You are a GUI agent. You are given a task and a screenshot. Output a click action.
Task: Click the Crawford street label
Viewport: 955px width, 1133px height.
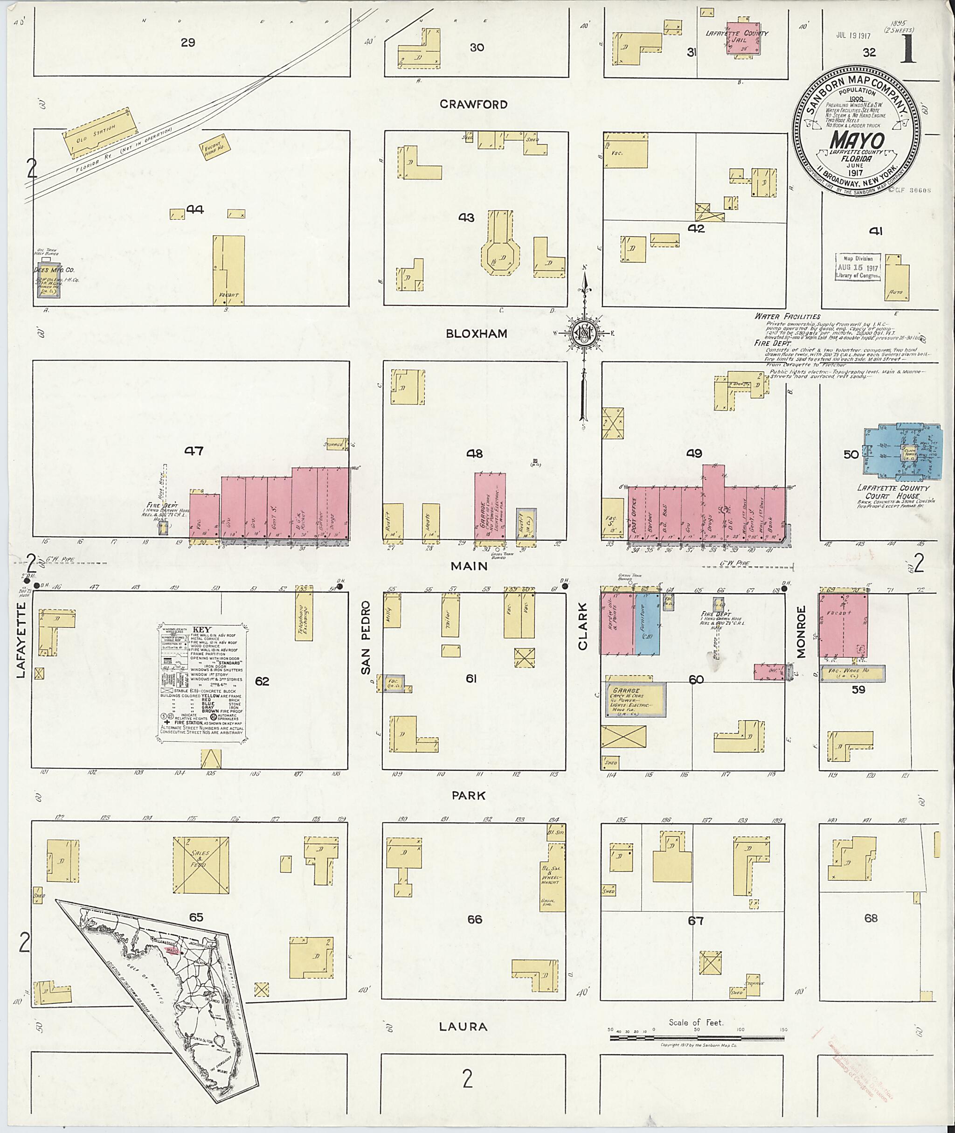tap(473, 104)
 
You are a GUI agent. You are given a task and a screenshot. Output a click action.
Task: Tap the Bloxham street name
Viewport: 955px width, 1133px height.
tap(477, 334)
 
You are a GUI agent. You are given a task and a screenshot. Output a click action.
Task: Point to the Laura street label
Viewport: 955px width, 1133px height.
tap(463, 1026)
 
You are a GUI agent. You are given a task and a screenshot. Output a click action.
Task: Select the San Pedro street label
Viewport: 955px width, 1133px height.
tap(366, 638)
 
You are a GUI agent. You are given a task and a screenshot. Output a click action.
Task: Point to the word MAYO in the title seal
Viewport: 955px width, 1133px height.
tap(857, 140)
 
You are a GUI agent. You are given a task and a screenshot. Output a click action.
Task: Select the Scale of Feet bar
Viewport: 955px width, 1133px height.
tap(697, 1038)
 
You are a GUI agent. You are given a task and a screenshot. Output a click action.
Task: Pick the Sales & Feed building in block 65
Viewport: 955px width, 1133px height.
tap(201, 865)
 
